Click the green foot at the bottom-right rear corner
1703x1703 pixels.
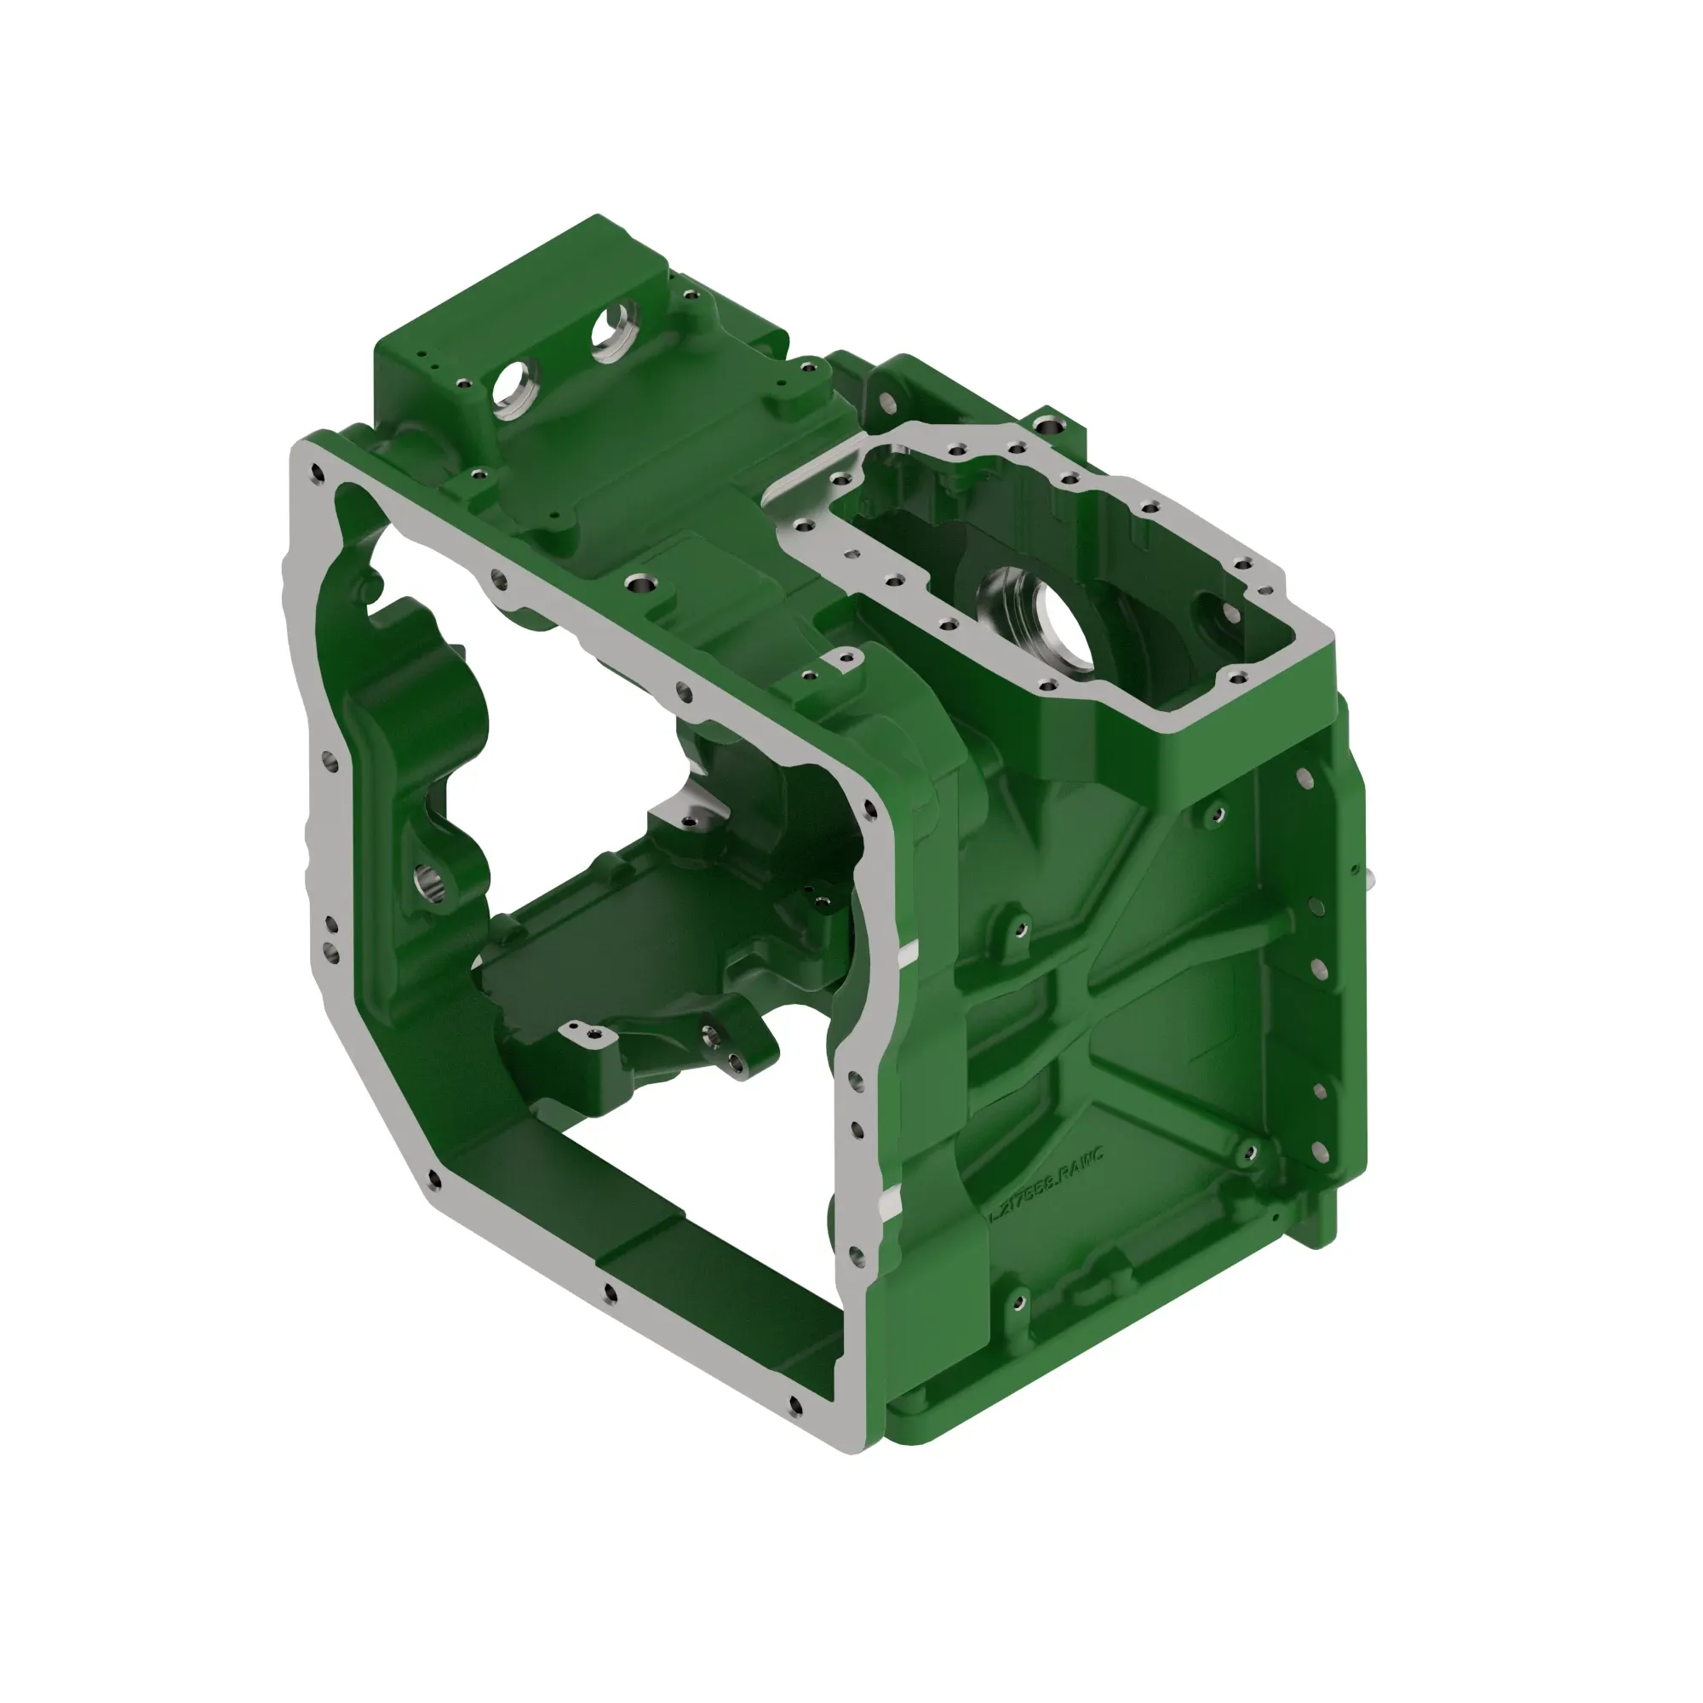1317,1223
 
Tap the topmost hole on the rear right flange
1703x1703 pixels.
1305,778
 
